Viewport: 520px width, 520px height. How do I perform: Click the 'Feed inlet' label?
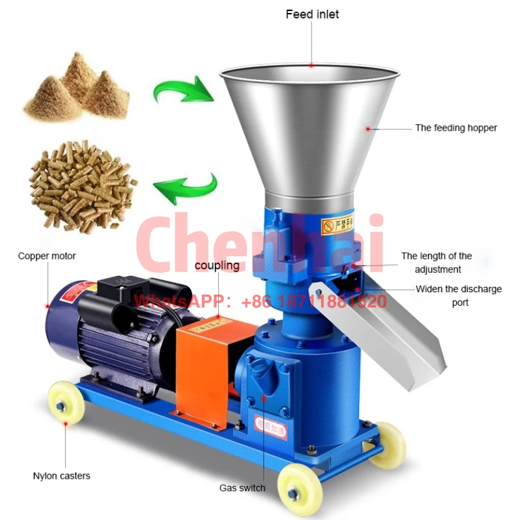[312, 14]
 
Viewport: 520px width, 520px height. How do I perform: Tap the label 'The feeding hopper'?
[456, 128]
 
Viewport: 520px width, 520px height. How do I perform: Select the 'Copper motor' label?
[47, 256]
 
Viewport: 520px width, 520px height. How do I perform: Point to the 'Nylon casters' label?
[62, 476]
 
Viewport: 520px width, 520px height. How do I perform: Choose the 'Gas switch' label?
[242, 488]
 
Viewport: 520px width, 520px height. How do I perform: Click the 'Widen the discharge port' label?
[459, 295]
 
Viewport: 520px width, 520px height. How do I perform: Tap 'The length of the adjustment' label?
[437, 263]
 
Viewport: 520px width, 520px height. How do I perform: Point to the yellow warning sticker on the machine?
[337, 225]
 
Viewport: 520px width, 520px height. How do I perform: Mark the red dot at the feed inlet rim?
[311, 65]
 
